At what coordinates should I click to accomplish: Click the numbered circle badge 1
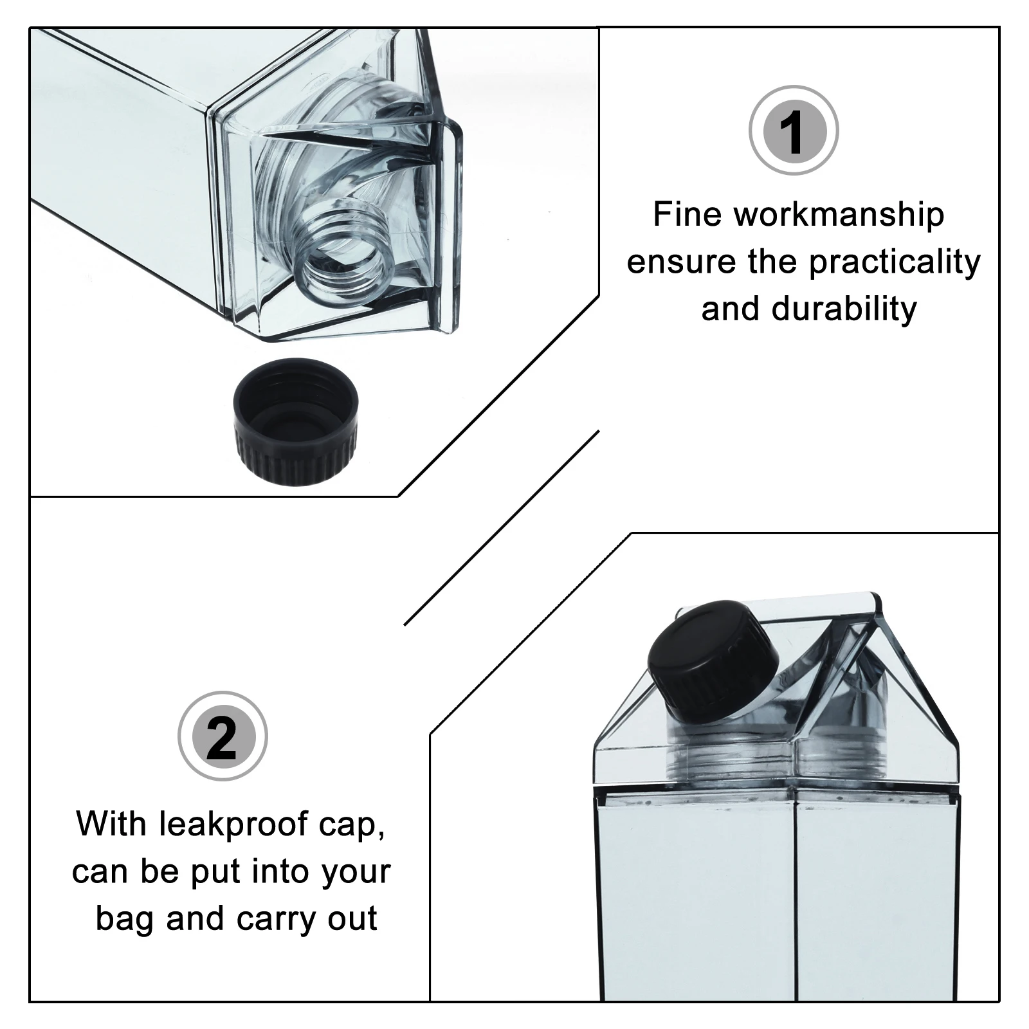tap(794, 131)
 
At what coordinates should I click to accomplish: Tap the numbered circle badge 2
tap(223, 736)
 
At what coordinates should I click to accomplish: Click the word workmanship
tap(839, 214)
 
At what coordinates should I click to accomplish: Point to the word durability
tap(844, 309)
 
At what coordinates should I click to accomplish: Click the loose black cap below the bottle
tap(295, 421)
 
